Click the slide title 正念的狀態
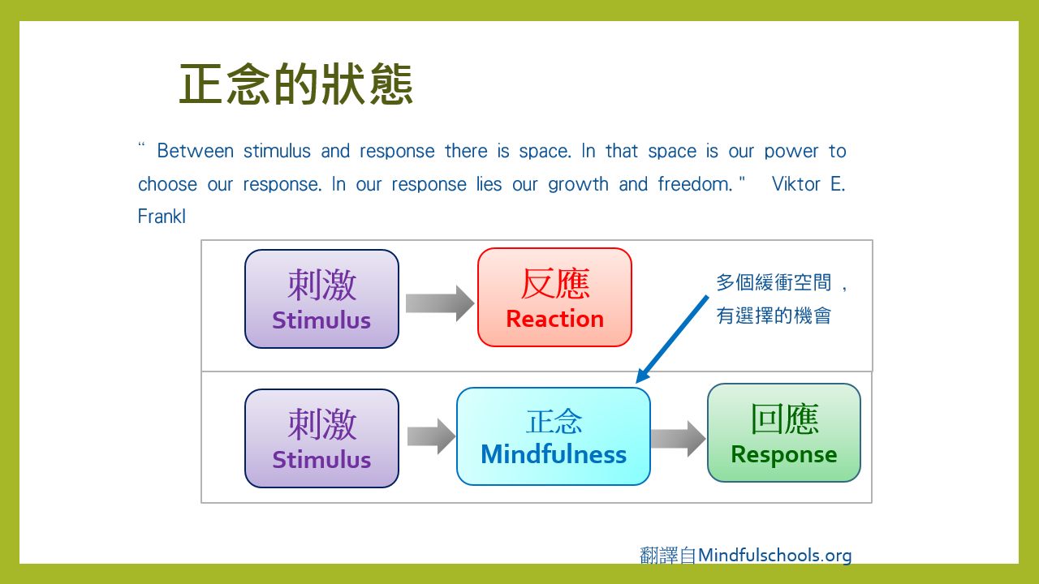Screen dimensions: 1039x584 click(x=296, y=84)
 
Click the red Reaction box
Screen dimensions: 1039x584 click(x=554, y=297)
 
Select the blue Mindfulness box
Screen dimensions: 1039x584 click(x=554, y=436)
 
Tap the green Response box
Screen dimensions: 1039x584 click(x=784, y=432)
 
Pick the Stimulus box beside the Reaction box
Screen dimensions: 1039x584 click(x=321, y=298)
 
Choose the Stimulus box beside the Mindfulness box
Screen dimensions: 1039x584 click(x=321, y=438)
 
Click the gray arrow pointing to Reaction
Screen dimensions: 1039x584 click(x=440, y=303)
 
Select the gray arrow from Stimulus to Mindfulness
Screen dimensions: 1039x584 click(x=431, y=436)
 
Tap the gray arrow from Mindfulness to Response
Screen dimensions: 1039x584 click(x=678, y=439)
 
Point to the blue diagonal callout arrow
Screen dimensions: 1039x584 click(x=672, y=339)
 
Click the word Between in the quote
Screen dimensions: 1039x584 click(x=196, y=151)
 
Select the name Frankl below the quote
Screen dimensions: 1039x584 click(x=162, y=217)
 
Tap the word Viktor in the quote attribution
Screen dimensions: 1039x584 click(x=796, y=184)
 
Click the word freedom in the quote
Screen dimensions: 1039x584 click(x=695, y=184)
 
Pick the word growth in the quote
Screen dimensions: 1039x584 click(x=578, y=185)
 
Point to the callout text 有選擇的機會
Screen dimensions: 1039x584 click(x=774, y=316)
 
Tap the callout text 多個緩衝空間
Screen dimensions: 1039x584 click(x=774, y=282)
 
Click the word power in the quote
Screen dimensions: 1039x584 click(x=791, y=152)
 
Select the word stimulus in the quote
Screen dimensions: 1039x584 click(x=277, y=151)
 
